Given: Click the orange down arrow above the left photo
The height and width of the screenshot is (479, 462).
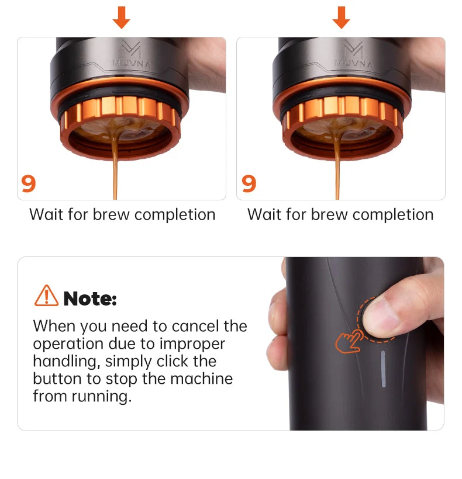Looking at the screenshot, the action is coord(122,18).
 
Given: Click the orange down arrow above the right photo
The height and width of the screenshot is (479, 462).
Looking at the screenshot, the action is coord(341,18).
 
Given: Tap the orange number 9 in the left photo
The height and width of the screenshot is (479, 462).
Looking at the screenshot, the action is coord(29,183).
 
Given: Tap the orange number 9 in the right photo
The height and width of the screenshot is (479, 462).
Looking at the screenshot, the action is coord(249,183).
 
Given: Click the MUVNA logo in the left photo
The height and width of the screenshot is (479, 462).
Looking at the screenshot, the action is coord(132,54).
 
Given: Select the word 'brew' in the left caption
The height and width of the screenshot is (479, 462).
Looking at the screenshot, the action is coord(111,214).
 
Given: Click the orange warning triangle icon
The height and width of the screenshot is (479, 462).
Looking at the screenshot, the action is coord(46,296).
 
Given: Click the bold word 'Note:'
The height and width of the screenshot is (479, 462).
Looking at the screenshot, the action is coord(90,298).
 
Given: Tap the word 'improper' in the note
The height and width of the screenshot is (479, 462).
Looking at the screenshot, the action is coord(192,345).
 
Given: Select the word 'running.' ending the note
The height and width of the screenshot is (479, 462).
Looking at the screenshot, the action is coord(102,397).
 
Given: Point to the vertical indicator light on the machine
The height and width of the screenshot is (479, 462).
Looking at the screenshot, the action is coord(383,369).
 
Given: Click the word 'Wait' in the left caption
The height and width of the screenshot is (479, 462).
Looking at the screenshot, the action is coord(47,214).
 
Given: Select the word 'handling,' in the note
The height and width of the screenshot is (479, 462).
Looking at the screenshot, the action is coord(67,362).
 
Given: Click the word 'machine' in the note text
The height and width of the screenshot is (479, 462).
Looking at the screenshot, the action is coord(202,379).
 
